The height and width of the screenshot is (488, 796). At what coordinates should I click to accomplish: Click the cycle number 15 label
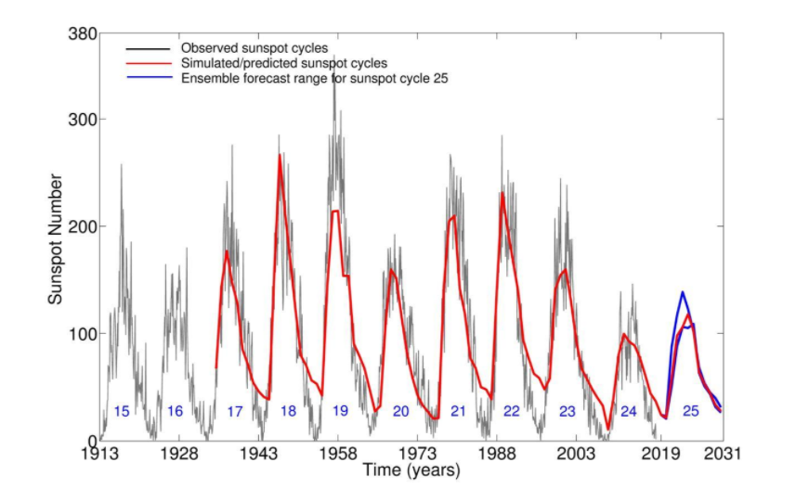[121, 411]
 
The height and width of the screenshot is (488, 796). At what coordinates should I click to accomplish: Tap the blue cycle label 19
[340, 411]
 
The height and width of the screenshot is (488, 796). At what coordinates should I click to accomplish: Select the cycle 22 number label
[511, 411]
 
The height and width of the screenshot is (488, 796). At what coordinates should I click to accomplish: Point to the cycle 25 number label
[690, 411]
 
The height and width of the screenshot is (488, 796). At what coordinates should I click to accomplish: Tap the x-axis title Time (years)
[411, 470]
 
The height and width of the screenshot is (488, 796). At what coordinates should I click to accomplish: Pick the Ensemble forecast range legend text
[312, 78]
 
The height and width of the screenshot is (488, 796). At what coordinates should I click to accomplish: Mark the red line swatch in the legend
[149, 63]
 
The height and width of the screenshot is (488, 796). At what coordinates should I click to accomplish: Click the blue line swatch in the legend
[149, 78]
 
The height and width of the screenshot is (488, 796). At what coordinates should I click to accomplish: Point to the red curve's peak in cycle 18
[280, 155]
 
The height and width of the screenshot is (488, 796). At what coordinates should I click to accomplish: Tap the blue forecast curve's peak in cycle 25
[683, 292]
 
